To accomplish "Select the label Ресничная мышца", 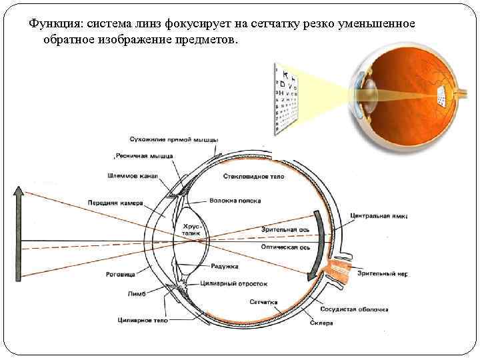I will pyautogui.click(x=144, y=155).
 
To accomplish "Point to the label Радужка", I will pyautogui.click(x=224, y=266).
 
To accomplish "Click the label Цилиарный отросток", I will pyautogui.click(x=233, y=283).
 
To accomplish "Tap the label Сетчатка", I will pyautogui.click(x=264, y=301).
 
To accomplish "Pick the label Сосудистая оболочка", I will pyautogui.click(x=354, y=309).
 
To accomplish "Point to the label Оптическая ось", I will pyautogui.click(x=294, y=246).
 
